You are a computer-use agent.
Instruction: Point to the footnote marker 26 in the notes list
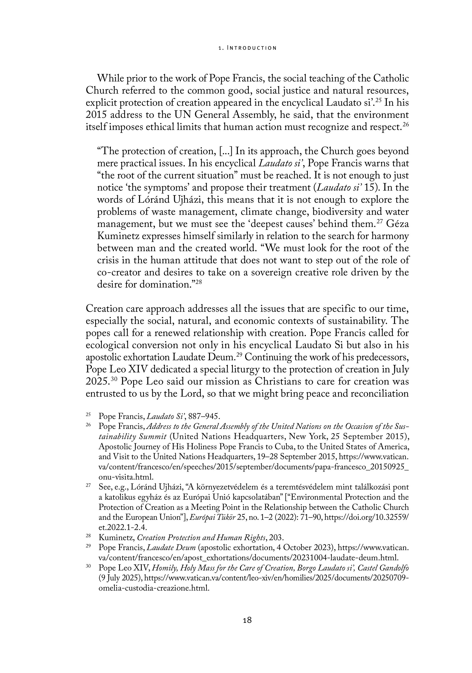(x=88, y=425)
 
